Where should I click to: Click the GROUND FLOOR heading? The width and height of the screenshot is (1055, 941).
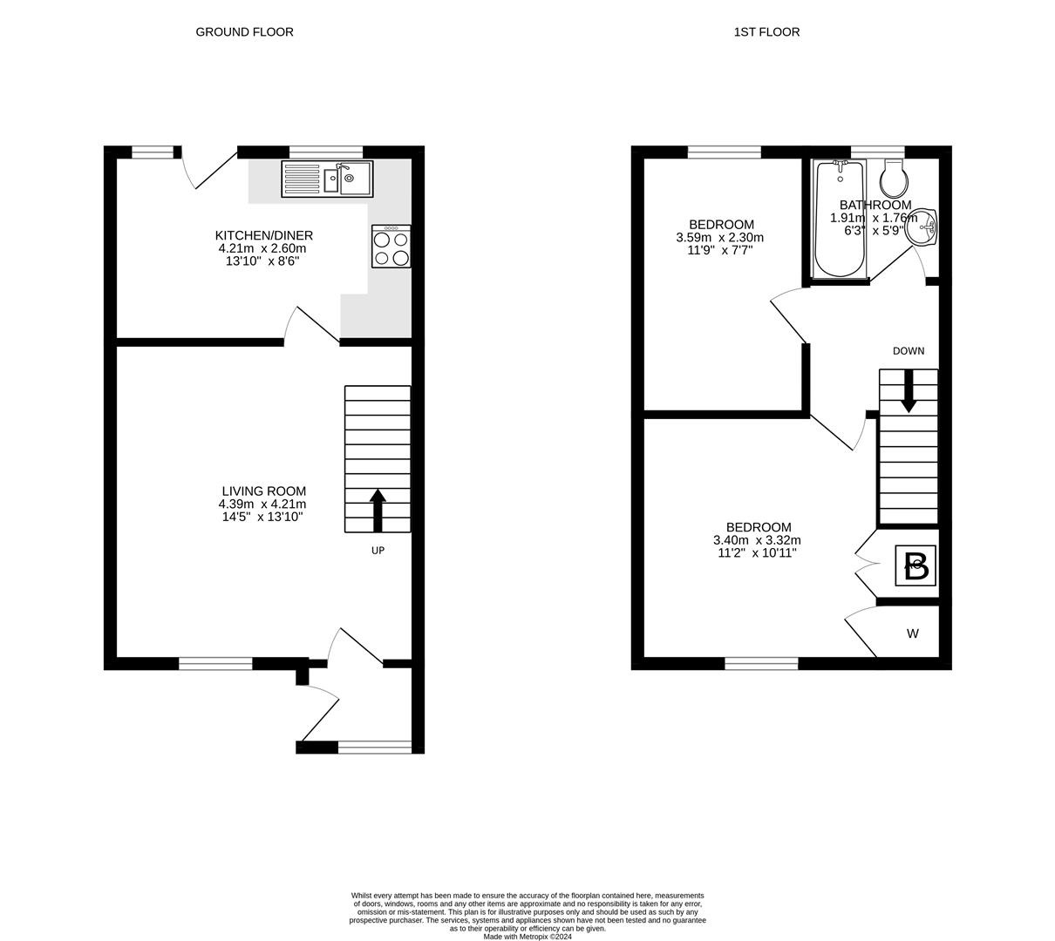tap(244, 32)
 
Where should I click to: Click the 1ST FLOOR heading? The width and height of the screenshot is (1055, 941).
tap(766, 32)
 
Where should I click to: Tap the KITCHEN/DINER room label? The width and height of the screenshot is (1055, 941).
tap(264, 235)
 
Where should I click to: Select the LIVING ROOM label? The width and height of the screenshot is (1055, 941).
tap(264, 491)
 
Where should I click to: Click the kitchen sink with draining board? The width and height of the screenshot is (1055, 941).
tap(327, 179)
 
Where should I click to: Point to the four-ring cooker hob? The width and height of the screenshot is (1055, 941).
tap(391, 247)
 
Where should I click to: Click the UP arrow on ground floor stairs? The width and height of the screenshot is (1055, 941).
tap(378, 510)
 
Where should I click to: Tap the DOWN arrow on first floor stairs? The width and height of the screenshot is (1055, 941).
tap(909, 391)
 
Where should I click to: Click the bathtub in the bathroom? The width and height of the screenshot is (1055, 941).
tap(840, 219)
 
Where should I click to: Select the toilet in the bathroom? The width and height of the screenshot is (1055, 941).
tap(894, 178)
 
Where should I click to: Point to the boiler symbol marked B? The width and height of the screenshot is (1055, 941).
tap(915, 565)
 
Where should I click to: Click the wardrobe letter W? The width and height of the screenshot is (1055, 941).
tap(912, 633)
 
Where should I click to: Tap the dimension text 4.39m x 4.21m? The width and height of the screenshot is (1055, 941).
tap(262, 504)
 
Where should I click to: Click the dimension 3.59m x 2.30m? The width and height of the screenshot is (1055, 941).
tap(720, 238)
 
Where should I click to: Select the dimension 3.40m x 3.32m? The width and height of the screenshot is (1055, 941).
tap(757, 540)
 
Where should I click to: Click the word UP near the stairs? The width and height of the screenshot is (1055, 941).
tap(378, 551)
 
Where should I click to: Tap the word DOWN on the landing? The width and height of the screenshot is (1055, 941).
tap(909, 351)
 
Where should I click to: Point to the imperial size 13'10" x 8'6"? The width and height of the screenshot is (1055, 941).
tap(262, 261)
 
